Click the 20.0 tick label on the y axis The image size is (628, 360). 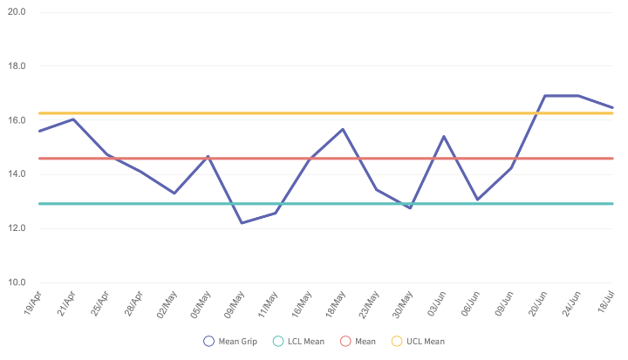[x=17, y=12]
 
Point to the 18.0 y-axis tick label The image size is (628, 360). [x=17, y=66]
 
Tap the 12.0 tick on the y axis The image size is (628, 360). [x=17, y=228]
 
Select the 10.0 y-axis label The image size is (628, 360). [x=17, y=282]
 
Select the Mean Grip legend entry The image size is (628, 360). [x=231, y=342]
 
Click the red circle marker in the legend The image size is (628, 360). [x=345, y=342]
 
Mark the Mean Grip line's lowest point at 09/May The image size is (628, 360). [x=241, y=223]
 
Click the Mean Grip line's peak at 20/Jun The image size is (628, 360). [x=545, y=96]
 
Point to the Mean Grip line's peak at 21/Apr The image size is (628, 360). [x=72, y=119]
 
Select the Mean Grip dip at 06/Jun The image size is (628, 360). [x=477, y=200]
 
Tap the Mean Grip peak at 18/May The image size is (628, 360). [x=343, y=129]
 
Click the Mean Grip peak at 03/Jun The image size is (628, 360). [x=444, y=136]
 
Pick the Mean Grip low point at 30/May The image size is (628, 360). [x=410, y=207]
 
